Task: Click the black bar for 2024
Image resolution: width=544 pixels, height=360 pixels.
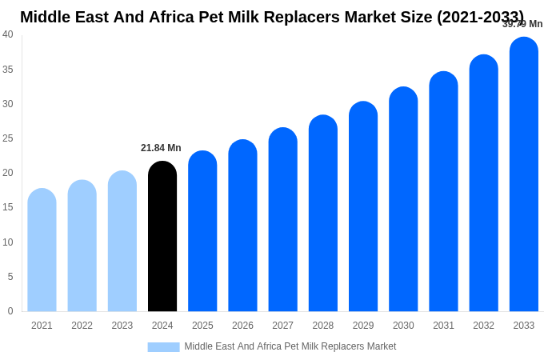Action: [162, 237]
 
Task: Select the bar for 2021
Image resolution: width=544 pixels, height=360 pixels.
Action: [42, 250]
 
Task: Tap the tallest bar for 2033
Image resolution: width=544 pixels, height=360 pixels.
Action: [524, 174]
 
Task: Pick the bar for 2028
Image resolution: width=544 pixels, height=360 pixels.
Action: [323, 214]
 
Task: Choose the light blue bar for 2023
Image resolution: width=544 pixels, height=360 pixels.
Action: [122, 242]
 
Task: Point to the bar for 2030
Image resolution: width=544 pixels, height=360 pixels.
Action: [403, 199]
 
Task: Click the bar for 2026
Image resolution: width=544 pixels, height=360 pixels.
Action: [242, 226]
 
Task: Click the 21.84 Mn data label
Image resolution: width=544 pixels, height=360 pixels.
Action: [161, 148]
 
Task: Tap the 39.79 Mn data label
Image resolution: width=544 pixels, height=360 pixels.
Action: [522, 24]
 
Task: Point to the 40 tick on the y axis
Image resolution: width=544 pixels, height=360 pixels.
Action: [8, 34]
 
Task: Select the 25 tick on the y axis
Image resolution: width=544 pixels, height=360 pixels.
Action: [8, 138]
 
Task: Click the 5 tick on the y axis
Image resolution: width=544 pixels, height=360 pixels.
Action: [10, 277]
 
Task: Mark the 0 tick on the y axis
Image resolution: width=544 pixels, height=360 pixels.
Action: [10, 311]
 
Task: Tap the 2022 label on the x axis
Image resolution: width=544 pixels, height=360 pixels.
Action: [82, 326]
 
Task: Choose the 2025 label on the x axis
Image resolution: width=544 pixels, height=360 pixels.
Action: [202, 326]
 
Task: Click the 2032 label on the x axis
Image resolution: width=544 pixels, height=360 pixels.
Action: [483, 326]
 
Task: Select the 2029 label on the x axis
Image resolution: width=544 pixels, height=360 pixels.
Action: [363, 326]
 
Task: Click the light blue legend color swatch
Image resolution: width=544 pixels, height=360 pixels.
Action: [163, 347]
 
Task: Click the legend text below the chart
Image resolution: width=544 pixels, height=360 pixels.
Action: [290, 346]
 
